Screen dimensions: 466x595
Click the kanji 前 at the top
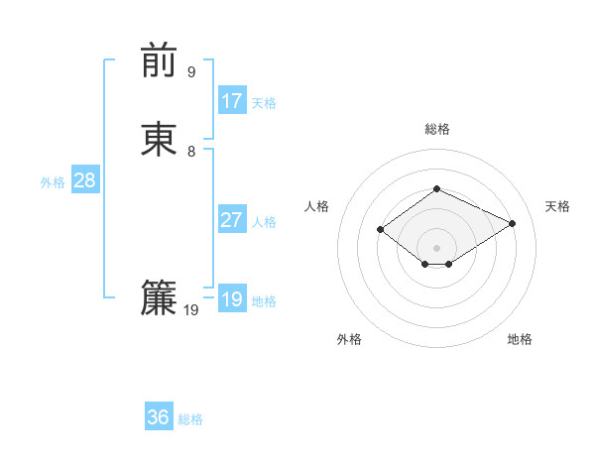160,60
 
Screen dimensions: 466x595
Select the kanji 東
160,139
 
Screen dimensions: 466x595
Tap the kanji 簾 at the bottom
160,298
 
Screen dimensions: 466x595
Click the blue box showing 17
232,101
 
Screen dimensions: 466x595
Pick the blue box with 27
232,220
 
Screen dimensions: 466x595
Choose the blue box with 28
84,180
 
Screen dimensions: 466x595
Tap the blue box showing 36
159,417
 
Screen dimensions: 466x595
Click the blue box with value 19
232,299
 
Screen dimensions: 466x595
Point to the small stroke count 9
191,71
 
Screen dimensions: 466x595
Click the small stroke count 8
191,151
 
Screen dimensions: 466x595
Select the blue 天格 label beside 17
264,103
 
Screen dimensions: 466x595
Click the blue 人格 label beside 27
264,222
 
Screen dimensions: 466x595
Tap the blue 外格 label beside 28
53,182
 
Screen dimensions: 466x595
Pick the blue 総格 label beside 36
190,419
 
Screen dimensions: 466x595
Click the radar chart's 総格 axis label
437,129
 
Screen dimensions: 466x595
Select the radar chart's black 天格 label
557,206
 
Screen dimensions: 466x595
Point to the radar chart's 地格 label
520,339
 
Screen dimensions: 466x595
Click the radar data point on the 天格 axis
513,223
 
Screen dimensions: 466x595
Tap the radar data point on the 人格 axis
381,229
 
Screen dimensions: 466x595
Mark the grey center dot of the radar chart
437,247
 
